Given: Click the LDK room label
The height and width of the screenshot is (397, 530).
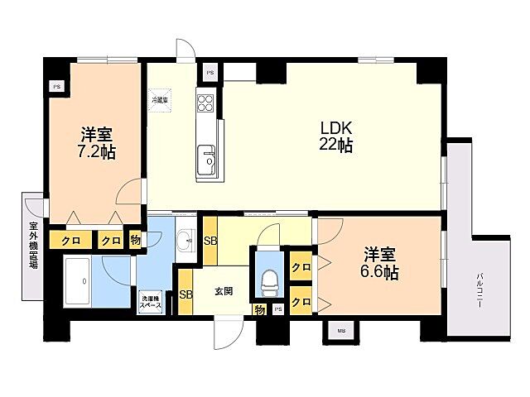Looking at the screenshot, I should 337,128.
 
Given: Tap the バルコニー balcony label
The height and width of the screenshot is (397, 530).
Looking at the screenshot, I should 479,292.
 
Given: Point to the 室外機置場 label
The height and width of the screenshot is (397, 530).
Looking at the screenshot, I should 34,246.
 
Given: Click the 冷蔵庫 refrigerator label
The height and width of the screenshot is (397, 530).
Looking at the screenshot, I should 160,100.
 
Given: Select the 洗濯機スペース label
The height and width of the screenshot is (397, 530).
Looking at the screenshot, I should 151,302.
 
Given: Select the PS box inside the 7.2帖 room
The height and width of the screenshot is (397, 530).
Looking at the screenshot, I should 56,86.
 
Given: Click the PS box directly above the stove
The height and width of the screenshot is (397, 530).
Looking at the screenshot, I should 210,73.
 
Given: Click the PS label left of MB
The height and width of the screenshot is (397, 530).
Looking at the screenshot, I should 278,309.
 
